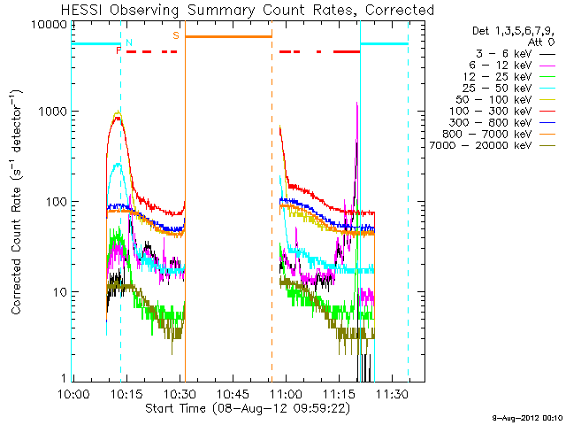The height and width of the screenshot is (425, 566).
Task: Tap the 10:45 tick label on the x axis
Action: [x=233, y=393]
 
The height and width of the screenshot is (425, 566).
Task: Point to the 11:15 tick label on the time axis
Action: [x=340, y=393]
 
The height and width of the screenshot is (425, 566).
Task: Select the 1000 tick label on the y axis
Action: [x=53, y=112]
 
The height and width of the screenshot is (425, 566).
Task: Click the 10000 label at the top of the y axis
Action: [x=50, y=25]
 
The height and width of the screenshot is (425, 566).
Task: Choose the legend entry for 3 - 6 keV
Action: [x=503, y=54]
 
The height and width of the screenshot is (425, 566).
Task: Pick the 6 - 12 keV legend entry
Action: [x=501, y=66]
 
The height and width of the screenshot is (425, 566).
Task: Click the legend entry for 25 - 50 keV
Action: [x=497, y=89]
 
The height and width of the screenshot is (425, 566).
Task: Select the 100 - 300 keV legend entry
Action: [x=490, y=112]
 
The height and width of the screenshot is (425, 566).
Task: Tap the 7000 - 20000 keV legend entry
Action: [x=480, y=145]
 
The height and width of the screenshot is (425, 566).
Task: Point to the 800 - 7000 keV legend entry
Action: [x=487, y=134]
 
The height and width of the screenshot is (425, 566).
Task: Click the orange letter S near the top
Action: [x=176, y=35]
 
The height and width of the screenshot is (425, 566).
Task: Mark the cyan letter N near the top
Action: [x=129, y=42]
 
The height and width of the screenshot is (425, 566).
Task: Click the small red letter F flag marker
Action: [x=118, y=50]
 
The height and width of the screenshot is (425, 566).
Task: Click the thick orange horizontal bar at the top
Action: [x=228, y=36]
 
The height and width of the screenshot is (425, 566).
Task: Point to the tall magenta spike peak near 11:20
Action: [x=357, y=103]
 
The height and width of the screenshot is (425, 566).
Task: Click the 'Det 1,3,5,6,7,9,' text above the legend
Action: [x=513, y=32]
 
